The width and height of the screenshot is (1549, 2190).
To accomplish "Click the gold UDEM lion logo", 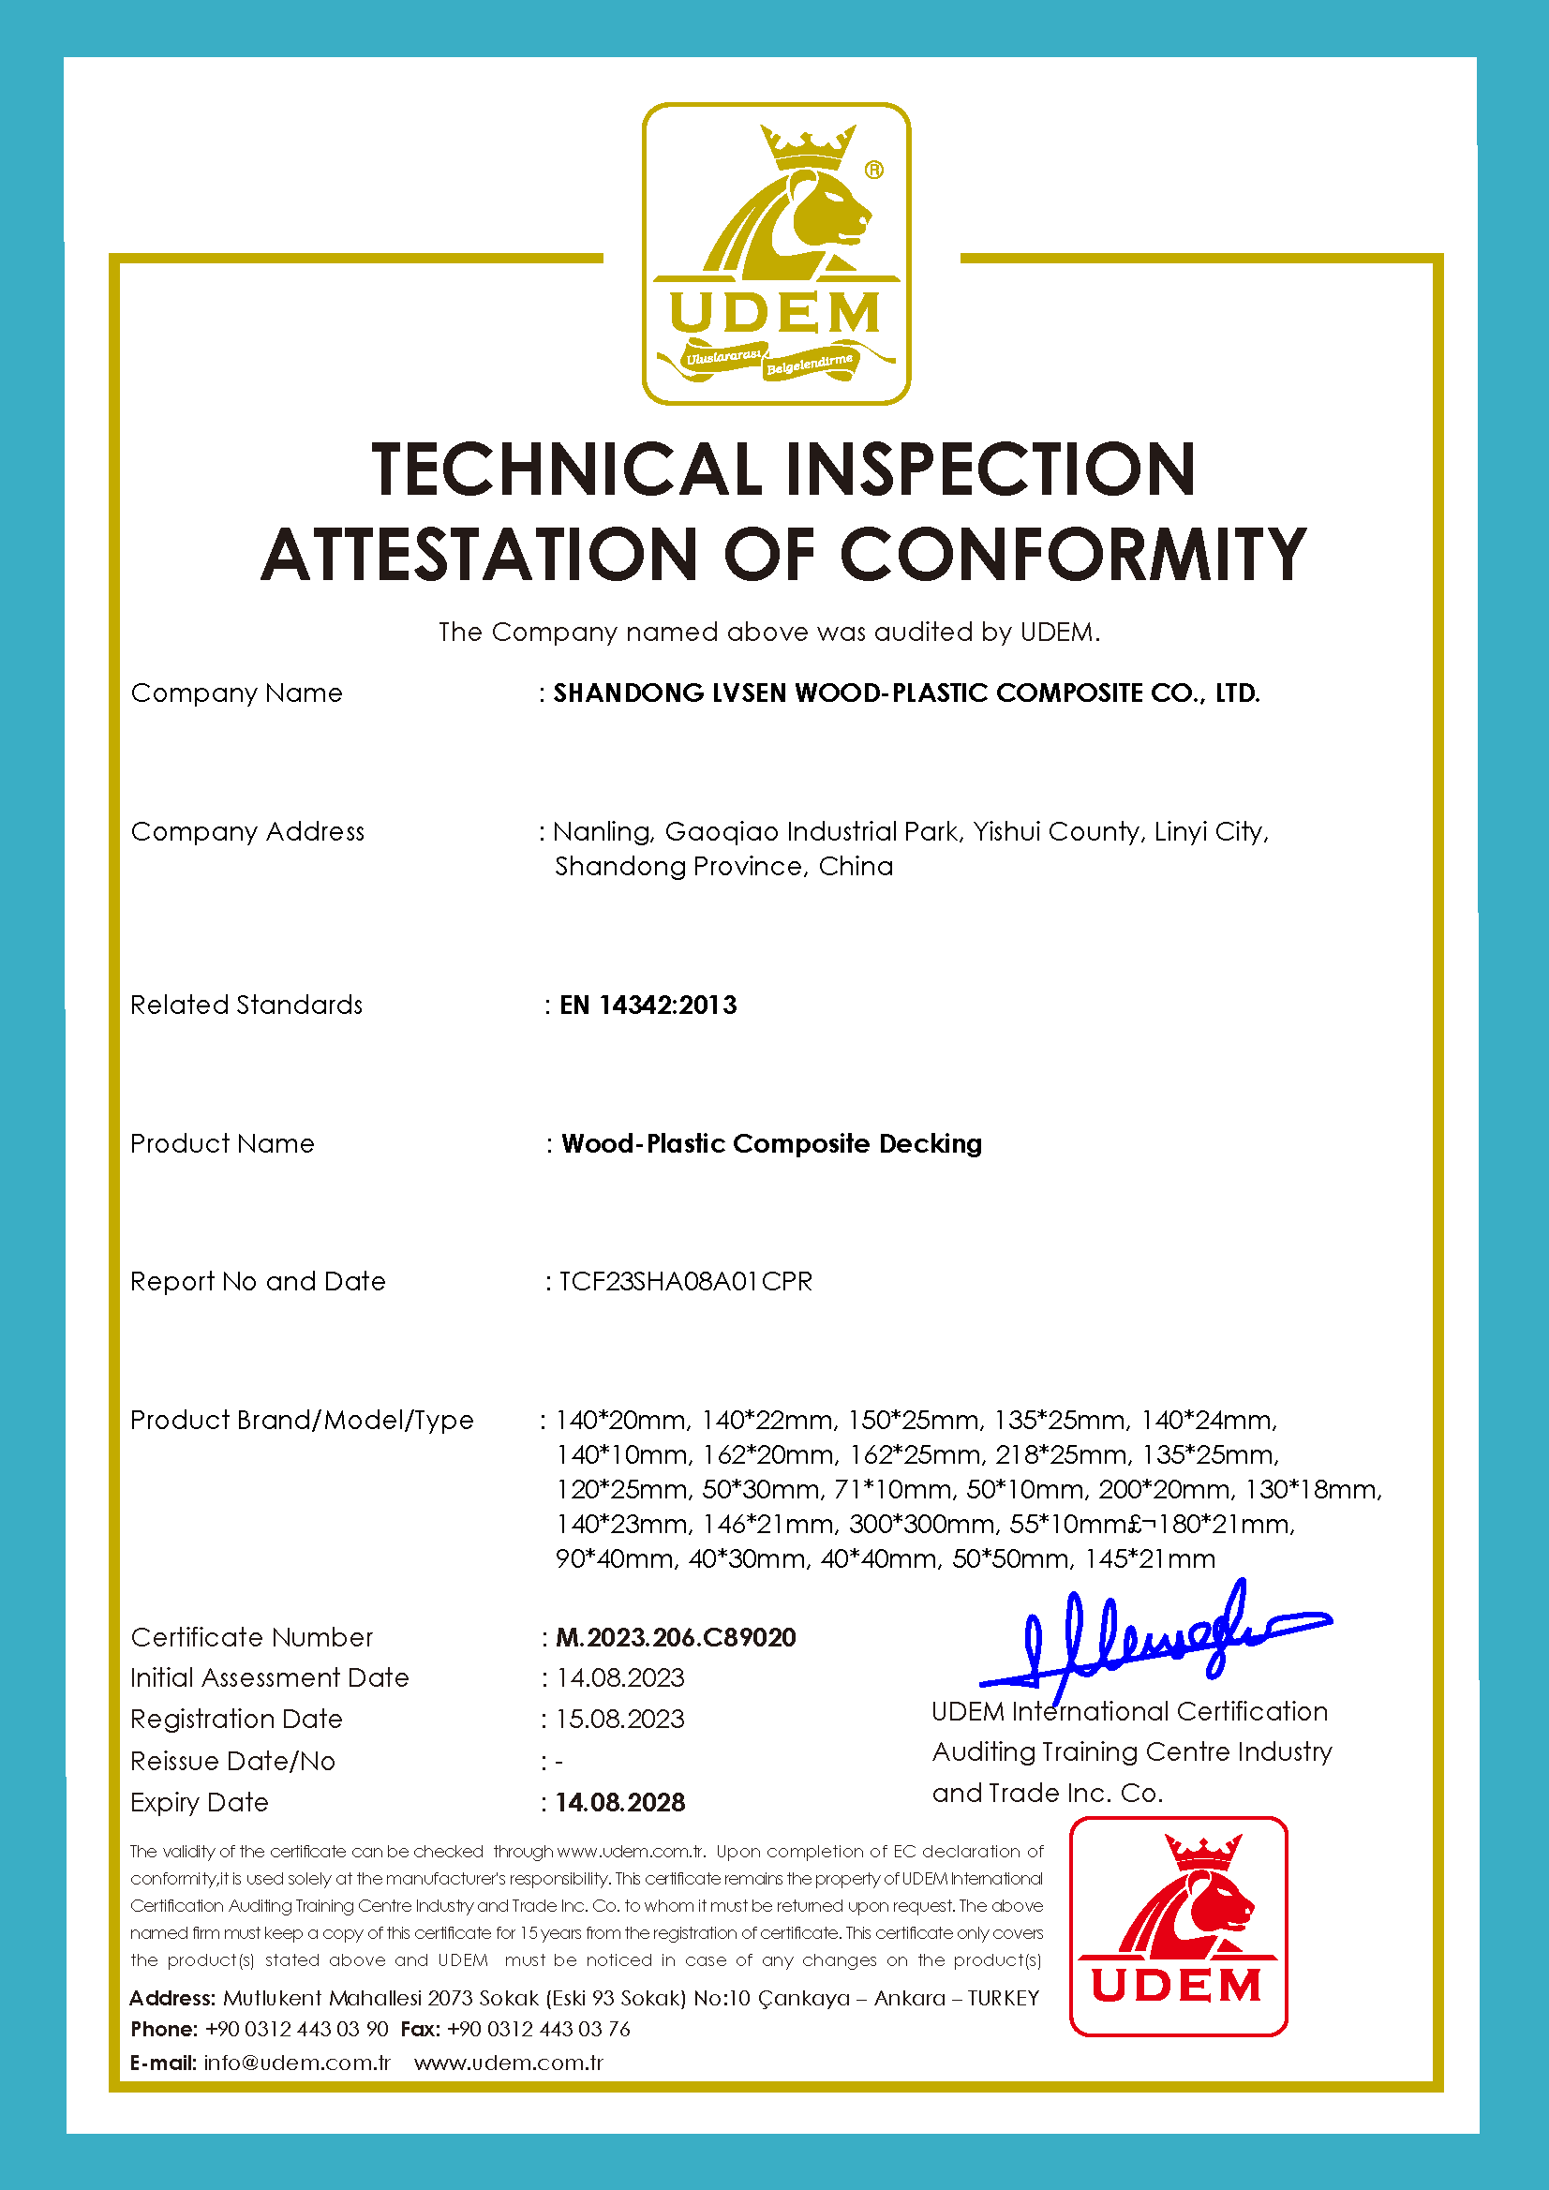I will coord(776,254).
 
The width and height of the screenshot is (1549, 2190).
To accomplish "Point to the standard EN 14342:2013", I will coord(648,1006).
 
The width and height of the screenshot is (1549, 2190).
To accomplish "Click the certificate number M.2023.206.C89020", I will coord(676,1637).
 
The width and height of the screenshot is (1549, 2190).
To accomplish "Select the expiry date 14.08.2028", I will coord(620,1802).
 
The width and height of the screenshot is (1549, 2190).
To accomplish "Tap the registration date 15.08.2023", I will coord(620,1719).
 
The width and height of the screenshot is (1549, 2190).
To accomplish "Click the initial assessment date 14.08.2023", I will coord(620,1677).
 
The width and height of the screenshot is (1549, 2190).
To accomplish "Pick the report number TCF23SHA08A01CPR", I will coord(685,1281).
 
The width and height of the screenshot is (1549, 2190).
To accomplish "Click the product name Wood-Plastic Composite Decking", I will coord(770,1143).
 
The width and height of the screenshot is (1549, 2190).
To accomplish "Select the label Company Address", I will coord(247,832).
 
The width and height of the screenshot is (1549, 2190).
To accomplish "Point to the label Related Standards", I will coord(246,1006).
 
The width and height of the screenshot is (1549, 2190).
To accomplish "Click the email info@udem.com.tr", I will coord(297,2063).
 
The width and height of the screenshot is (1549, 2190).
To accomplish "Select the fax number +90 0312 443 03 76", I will coord(538,2029).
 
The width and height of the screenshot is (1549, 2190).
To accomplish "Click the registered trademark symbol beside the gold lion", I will coord(873,170).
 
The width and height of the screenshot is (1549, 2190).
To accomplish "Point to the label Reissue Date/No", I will coord(232,1761).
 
